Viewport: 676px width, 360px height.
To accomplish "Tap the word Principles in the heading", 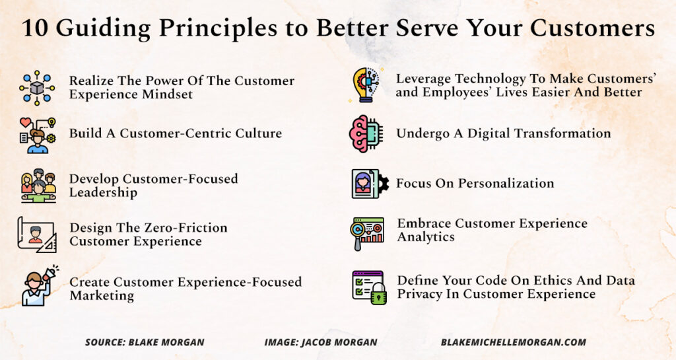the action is point(219,29).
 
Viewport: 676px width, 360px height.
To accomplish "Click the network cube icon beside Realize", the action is point(37,88).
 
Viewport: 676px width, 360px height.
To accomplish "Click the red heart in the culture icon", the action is point(26,122).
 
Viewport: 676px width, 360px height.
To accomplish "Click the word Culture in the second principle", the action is point(258,133).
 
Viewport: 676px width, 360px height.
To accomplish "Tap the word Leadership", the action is point(104,192).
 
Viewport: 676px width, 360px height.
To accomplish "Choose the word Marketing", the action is point(102,296).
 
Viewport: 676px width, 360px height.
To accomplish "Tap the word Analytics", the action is point(426,237).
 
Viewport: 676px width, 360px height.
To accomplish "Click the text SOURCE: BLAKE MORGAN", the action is point(145,342).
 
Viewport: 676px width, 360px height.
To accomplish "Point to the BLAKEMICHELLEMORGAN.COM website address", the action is point(514,342).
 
